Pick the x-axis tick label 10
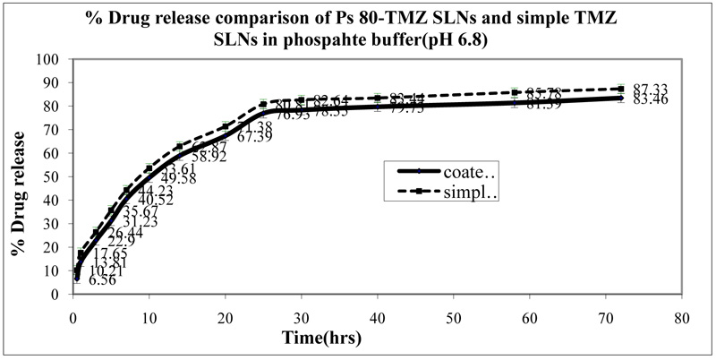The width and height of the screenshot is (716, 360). (x=149, y=316)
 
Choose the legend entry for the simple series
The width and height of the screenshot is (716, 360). (x=447, y=192)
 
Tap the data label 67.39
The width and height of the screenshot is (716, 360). (x=254, y=137)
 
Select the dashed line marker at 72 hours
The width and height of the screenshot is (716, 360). (x=621, y=89)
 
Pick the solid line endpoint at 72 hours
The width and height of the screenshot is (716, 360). (x=621, y=98)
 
